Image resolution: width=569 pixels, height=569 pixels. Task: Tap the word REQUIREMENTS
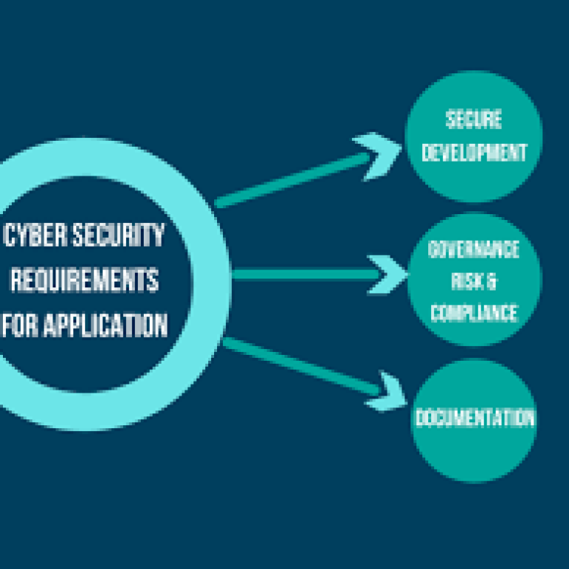83,281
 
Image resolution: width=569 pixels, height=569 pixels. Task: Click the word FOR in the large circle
21,325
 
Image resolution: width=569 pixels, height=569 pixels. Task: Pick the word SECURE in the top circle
473,119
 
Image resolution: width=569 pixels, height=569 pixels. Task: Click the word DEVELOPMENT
474,152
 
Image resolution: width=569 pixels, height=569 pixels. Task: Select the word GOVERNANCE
474,250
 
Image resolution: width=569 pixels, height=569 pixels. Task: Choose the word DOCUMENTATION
474,418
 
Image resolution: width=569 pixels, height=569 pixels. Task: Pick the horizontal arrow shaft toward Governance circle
304,274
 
